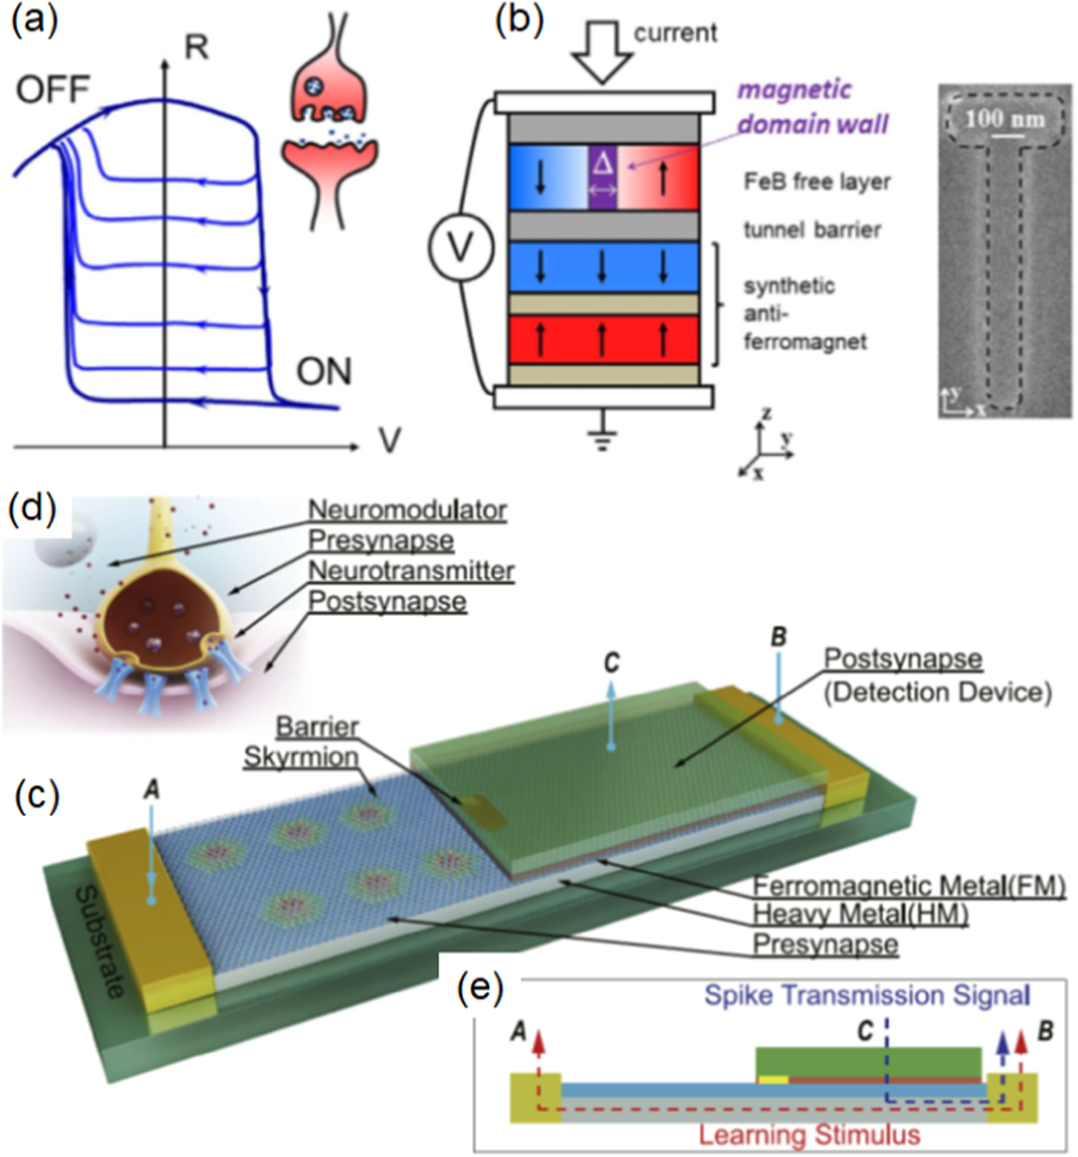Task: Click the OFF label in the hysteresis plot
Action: [x=53, y=89]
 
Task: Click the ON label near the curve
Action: [x=323, y=371]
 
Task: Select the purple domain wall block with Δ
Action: [x=602, y=177]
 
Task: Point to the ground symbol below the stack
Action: [x=601, y=438]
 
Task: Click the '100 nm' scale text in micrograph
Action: [x=1005, y=120]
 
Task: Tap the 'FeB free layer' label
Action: [x=817, y=182]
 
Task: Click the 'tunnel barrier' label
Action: [x=812, y=230]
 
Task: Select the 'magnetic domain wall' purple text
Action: [x=811, y=107]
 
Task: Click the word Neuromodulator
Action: [x=407, y=509]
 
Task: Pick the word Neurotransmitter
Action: [x=411, y=571]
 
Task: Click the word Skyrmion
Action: [x=301, y=757]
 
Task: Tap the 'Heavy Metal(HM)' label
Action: [x=861, y=914]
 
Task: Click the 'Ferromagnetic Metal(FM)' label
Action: [x=910, y=886]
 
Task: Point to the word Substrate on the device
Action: [x=100, y=942]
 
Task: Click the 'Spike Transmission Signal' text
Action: [x=866, y=995]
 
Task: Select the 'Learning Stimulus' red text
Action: [x=809, y=1135]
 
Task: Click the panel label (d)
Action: [x=32, y=509]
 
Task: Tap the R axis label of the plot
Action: [x=196, y=48]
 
